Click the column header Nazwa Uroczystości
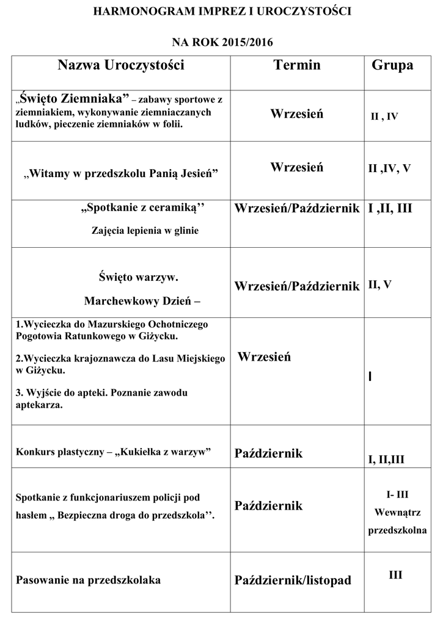pyautogui.click(x=121, y=65)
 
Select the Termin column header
pyautogui.click(x=297, y=65)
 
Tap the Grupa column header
pyautogui.click(x=392, y=65)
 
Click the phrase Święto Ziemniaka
pyautogui.click(x=74, y=98)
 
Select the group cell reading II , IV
pyautogui.click(x=384, y=116)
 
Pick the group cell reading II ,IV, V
pyautogui.click(x=389, y=168)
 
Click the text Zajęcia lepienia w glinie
pyautogui.click(x=145, y=231)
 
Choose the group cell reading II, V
pyautogui.click(x=380, y=284)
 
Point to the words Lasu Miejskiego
pyautogui.click(x=191, y=358)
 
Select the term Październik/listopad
pyautogui.click(x=293, y=580)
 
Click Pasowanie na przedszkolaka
pyautogui.click(x=89, y=580)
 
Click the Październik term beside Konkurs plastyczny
pyautogui.click(x=268, y=453)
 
